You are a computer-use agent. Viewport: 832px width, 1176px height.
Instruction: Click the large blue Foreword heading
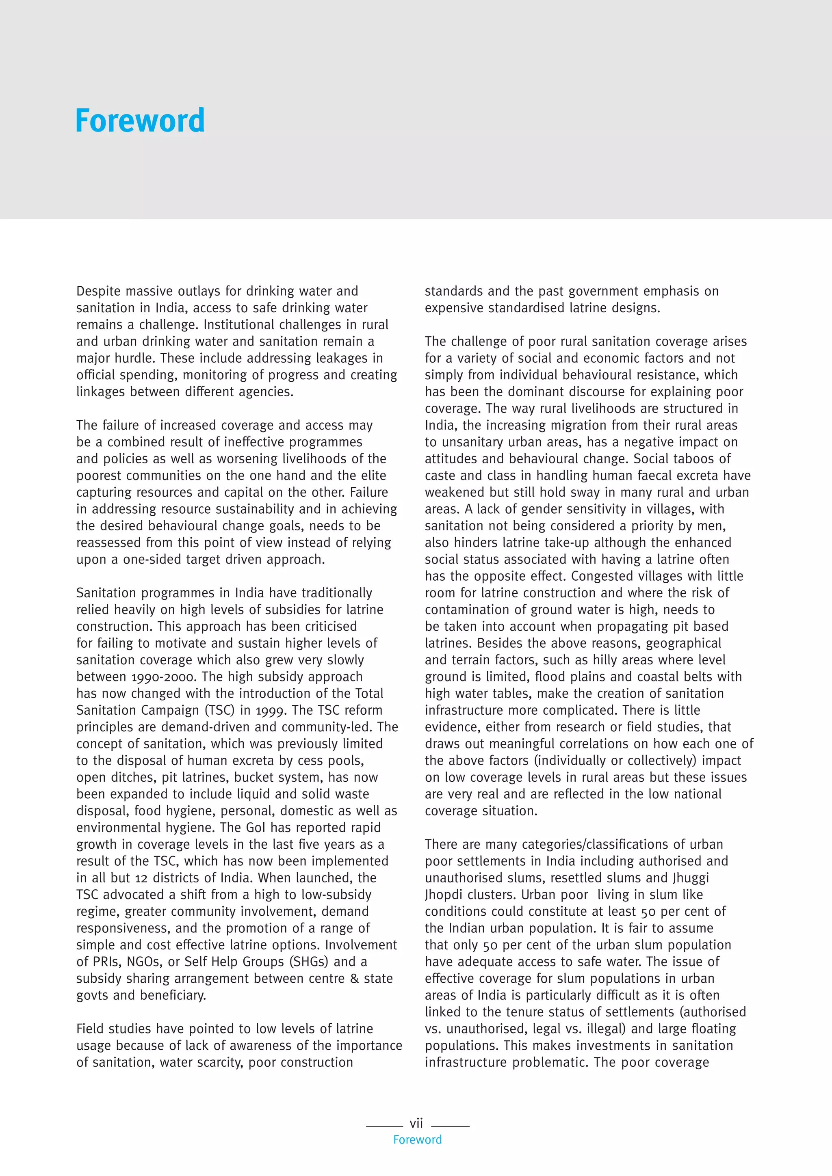point(140,121)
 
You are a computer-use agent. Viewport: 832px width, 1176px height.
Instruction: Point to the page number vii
point(416,1123)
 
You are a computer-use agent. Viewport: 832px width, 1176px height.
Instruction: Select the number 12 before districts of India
point(141,878)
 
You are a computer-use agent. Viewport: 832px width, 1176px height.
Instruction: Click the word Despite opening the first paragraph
point(99,292)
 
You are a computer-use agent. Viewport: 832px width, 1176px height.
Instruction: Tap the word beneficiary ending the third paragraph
point(173,995)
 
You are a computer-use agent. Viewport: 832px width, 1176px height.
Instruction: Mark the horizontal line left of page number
point(384,1126)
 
